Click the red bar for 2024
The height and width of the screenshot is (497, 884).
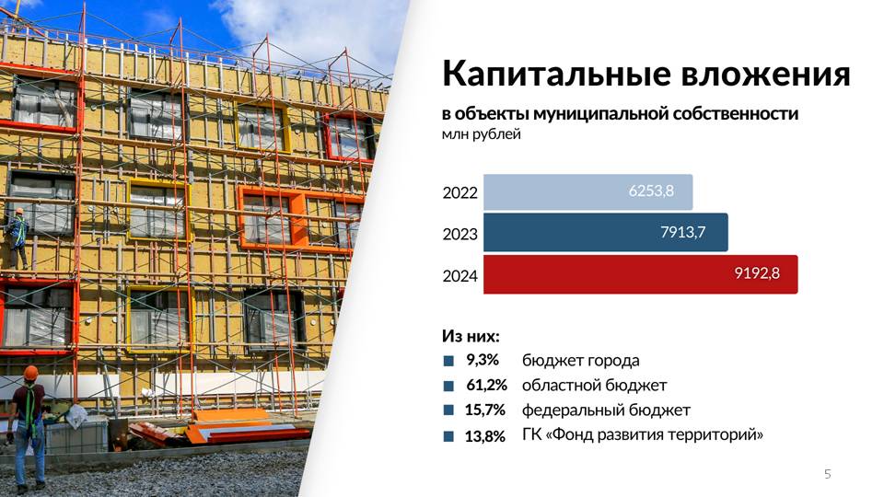[641, 274]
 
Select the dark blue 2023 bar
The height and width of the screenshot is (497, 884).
[606, 232]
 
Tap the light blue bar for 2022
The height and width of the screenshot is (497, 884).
[588, 192]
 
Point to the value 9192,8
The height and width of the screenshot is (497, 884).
[757, 273]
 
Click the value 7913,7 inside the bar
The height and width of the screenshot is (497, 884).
[682, 232]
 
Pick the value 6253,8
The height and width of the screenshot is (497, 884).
[651, 191]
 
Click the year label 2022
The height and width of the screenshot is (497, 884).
[459, 192]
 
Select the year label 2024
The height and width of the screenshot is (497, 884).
[459, 276]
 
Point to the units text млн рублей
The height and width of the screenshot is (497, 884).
[481, 134]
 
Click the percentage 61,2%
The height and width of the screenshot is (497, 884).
[486, 385]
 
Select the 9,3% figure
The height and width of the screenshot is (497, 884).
[482, 360]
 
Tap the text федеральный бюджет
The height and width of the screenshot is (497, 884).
[606, 410]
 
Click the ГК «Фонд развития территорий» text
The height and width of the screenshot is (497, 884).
[643, 435]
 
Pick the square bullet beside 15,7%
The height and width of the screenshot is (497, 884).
[448, 410]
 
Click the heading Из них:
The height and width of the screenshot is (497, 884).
[471, 337]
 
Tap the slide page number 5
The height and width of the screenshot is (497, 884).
[828, 474]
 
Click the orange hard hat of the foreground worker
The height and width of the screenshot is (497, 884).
[30, 373]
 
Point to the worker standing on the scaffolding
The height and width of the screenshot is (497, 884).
[18, 237]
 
